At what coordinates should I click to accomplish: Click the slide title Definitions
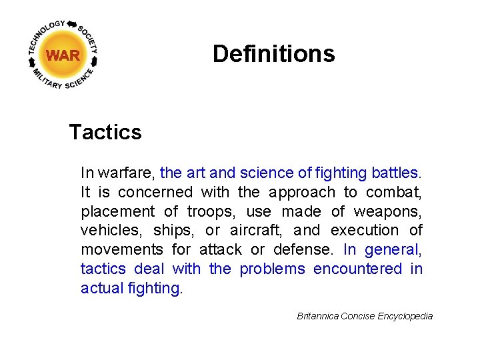[x=273, y=53]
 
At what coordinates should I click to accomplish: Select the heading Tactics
[x=105, y=132]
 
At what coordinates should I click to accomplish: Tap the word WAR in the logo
[x=63, y=55]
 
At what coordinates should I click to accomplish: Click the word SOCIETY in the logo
[x=89, y=39]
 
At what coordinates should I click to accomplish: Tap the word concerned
[x=155, y=193]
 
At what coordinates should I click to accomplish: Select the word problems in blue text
[x=272, y=269]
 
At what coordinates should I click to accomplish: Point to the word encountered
[x=357, y=269]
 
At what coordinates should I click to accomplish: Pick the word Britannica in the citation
[x=317, y=316]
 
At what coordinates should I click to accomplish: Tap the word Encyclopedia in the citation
[x=405, y=316]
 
